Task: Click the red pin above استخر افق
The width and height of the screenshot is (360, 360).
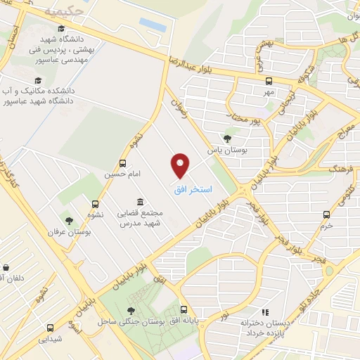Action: click(x=181, y=165)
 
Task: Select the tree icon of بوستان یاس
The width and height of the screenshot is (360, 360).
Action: click(x=227, y=139)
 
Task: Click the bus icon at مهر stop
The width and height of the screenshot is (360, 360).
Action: click(x=268, y=79)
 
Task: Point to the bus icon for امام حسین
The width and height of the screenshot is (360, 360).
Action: click(x=123, y=163)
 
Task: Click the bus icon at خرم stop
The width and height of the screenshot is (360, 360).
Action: click(x=325, y=214)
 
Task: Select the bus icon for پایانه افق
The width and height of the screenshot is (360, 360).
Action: click(x=184, y=309)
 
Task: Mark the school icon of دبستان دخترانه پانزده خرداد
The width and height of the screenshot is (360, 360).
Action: click(x=264, y=311)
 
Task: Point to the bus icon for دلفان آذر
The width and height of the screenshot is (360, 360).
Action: click(x=6, y=268)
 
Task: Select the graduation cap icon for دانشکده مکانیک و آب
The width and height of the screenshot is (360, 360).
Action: click(x=37, y=81)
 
